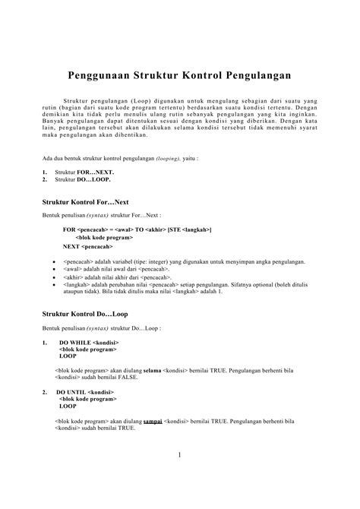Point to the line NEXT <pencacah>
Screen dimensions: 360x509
(88, 247)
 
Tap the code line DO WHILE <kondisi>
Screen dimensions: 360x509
(89, 343)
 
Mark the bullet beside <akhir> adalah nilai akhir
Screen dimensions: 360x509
(52, 277)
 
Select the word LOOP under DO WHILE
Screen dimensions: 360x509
(68, 356)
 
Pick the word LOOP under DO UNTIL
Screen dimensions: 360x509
(68, 406)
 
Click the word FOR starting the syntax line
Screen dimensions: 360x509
(69, 229)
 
